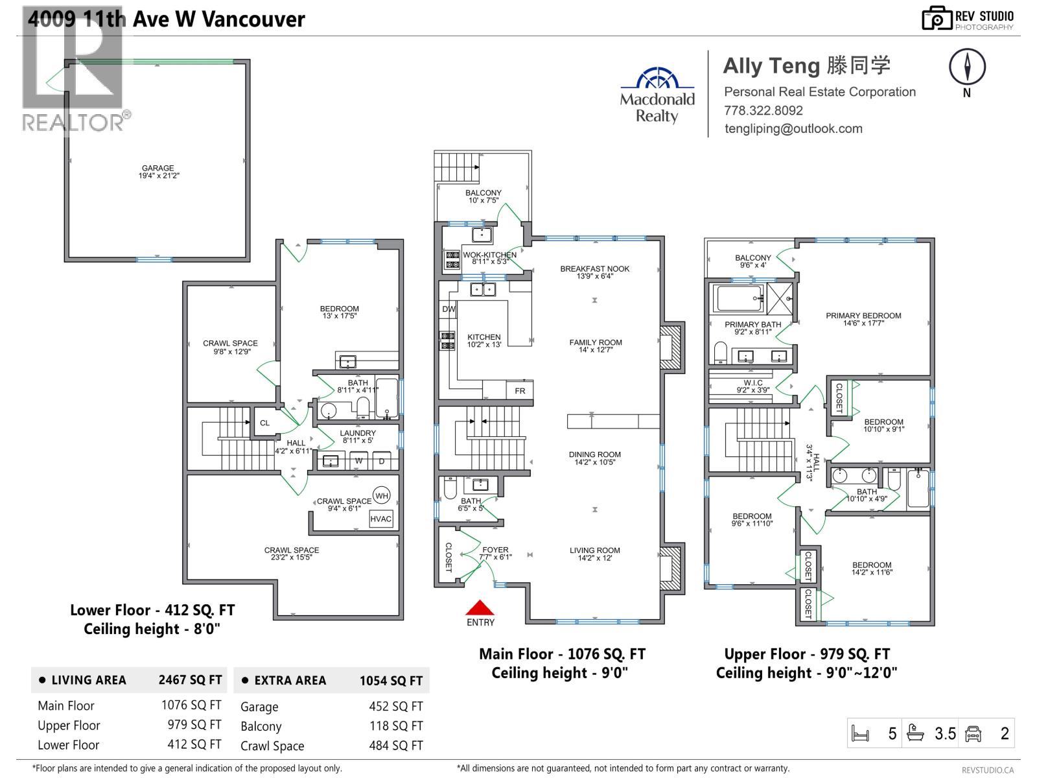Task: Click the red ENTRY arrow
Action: [x=480, y=607]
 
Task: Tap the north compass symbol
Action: [x=967, y=67]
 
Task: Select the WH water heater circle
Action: [x=382, y=496]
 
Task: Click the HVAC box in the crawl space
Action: [x=381, y=519]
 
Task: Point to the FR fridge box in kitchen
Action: [x=520, y=390]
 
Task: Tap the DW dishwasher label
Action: [x=449, y=309]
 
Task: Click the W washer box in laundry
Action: [x=358, y=461]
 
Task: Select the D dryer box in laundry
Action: [x=382, y=461]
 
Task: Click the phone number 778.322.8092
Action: [x=763, y=110]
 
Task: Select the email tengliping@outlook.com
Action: [x=793, y=128]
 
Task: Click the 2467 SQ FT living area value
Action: [x=190, y=680]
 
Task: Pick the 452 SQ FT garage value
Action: [x=395, y=707]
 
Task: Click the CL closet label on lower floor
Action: [x=264, y=423]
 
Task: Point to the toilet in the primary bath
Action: [x=720, y=353]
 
